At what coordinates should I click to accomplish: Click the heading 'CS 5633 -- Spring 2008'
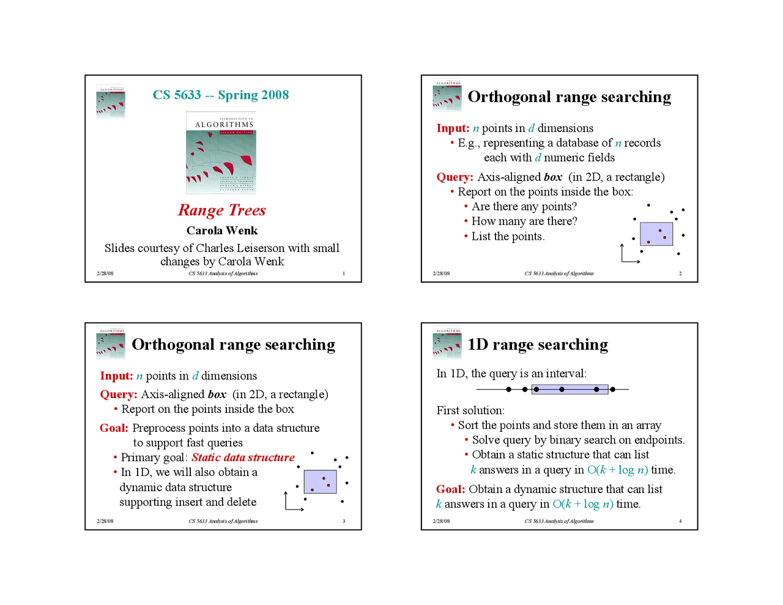221,95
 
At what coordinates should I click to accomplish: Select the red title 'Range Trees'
222,210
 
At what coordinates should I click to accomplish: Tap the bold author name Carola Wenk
222,231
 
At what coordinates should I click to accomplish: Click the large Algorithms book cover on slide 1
221,153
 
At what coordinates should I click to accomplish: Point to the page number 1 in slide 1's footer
344,273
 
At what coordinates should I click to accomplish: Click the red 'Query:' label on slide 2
455,177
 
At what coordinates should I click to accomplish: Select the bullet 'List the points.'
508,237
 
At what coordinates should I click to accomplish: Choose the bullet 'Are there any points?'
524,207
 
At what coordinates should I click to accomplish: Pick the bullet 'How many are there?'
524,221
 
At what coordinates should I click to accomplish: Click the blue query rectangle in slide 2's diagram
656,234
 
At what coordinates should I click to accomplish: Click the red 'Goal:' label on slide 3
114,428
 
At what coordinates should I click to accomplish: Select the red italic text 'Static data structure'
243,458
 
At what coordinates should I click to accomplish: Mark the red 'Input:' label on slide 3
116,376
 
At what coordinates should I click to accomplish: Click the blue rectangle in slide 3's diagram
320,481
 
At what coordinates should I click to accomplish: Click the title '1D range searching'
538,345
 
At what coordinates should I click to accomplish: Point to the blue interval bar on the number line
570,389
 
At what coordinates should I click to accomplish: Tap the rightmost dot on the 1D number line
612,389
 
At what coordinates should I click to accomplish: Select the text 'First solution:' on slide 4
470,410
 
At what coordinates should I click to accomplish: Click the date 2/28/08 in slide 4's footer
441,521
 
